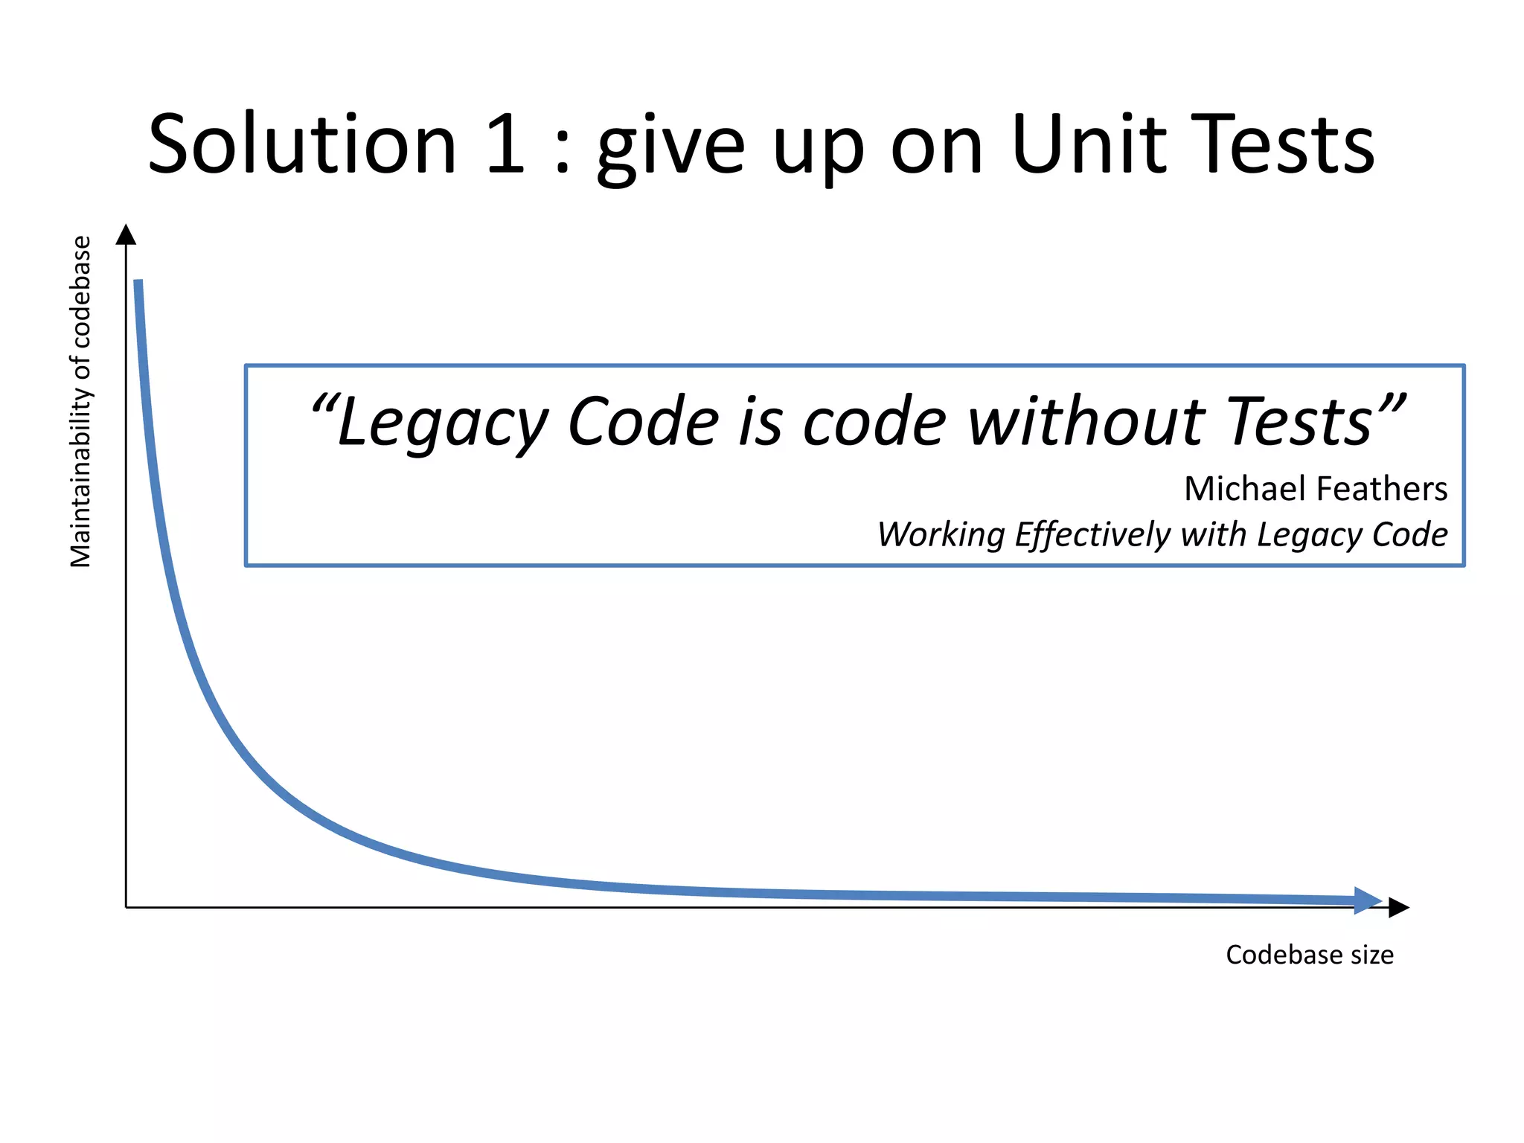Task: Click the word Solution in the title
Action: tap(302, 144)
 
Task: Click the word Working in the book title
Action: tap(941, 535)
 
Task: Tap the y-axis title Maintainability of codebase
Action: tap(80, 402)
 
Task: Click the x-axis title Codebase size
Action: tap(1309, 955)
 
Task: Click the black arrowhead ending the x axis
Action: tap(1399, 908)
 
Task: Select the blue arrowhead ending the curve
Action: tap(1368, 900)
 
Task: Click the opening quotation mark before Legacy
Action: tap(323, 406)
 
